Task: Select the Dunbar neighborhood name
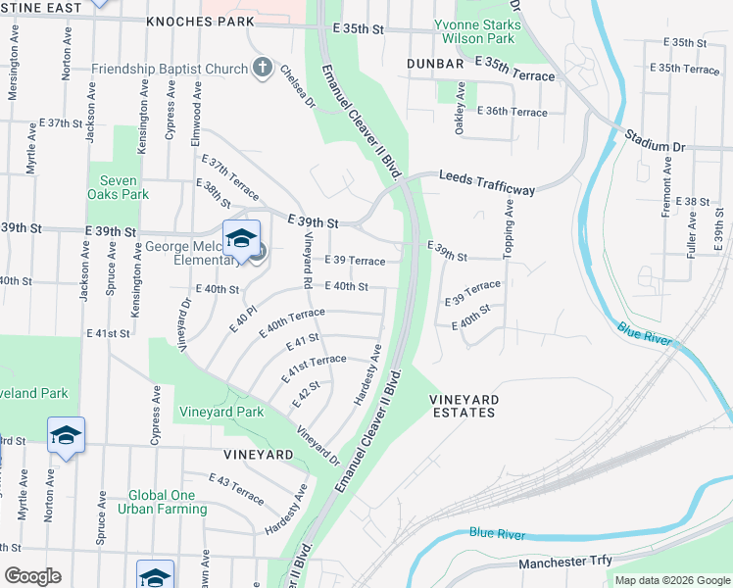click(435, 64)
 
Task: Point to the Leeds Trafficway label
click(487, 176)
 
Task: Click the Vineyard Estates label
click(464, 406)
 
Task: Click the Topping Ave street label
click(510, 230)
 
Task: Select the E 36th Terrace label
click(513, 112)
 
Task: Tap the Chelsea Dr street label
click(298, 86)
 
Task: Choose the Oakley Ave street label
click(458, 116)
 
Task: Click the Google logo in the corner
click(32, 576)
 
